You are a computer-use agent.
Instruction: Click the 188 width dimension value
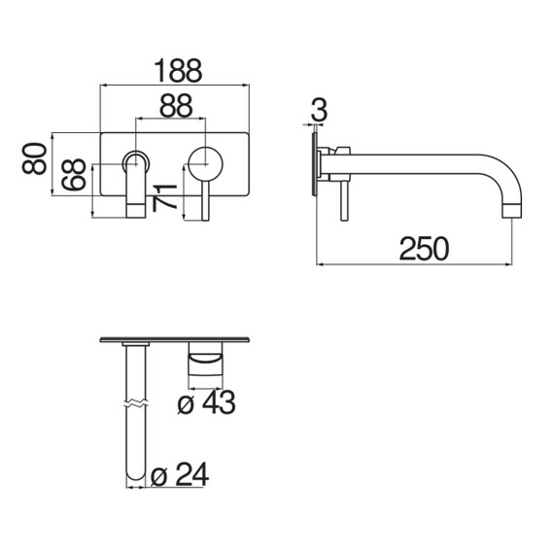click(x=179, y=71)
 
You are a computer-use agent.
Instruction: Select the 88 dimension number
click(x=176, y=105)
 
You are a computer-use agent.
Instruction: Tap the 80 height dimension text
click(x=34, y=158)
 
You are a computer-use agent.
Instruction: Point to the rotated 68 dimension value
click(x=74, y=174)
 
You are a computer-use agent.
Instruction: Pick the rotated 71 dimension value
click(x=164, y=197)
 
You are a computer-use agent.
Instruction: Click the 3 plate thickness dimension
click(x=319, y=110)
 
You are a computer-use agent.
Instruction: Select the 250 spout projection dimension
click(x=424, y=249)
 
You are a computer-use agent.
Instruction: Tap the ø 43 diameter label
click(x=206, y=402)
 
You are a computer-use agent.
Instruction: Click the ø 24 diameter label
click(x=180, y=474)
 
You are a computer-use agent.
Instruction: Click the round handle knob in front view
click(x=205, y=164)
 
